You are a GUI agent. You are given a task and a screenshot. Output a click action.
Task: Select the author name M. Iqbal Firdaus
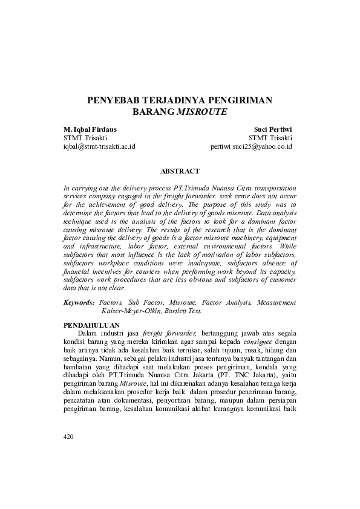90,129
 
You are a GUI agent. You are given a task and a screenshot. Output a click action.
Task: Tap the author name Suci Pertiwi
273,129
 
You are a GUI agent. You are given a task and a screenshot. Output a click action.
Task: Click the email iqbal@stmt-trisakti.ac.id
99,146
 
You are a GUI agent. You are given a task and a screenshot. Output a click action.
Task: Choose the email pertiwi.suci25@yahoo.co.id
252,146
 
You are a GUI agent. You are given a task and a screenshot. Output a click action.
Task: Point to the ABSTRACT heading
180,171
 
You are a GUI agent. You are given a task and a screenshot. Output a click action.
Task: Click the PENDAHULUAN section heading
91,325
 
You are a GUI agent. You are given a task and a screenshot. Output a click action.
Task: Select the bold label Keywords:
79,302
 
